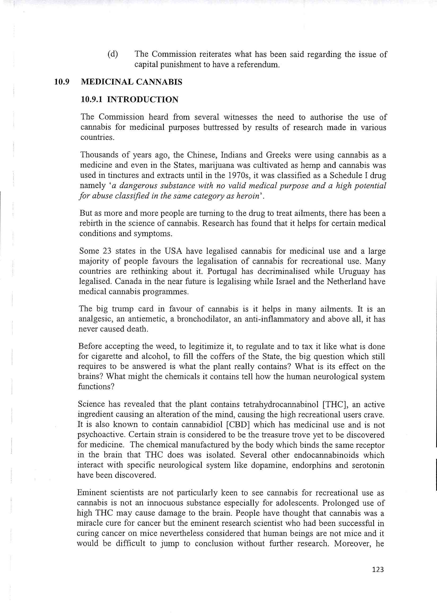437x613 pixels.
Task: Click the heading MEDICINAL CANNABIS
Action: [132, 82]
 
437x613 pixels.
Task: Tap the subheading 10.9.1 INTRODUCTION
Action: [129, 100]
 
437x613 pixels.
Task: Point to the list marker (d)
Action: [113, 54]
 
